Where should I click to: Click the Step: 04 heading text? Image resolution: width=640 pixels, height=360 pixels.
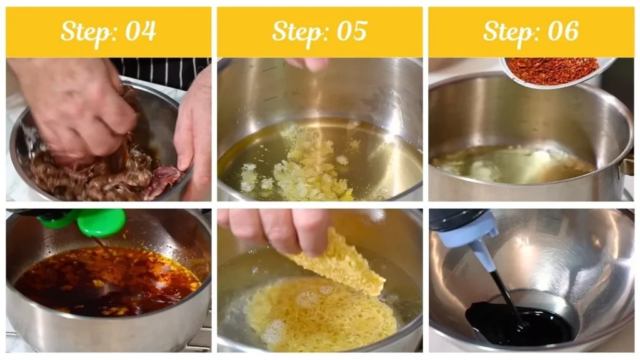(x=108, y=31)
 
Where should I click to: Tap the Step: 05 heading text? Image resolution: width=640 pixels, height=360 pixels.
(x=319, y=31)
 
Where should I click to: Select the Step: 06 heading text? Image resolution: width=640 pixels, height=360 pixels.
(x=531, y=31)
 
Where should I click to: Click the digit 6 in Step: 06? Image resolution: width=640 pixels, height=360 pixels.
(x=571, y=31)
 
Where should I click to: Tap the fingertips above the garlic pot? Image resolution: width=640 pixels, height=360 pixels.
(x=306, y=64)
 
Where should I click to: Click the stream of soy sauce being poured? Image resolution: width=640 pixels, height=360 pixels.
(x=503, y=294)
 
